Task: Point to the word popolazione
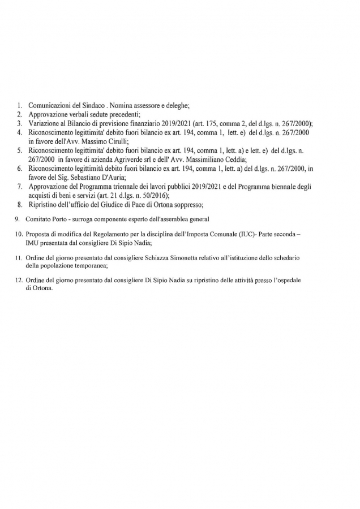tap(55, 265)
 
